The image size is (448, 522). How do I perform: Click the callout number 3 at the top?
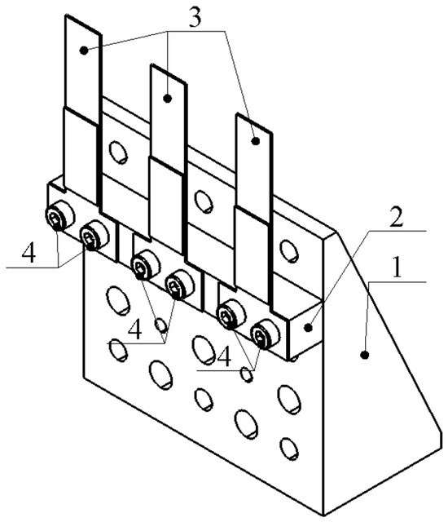pos(195,18)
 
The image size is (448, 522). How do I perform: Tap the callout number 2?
pos(396,218)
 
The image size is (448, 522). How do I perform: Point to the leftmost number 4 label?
pos(29,253)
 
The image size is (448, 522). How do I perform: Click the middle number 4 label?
pos(135,330)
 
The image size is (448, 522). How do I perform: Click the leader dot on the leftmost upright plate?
pos(84,51)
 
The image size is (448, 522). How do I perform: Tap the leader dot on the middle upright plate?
pos(168,98)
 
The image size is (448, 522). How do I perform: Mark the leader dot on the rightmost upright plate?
pos(255,141)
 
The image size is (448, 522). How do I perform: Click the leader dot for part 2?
pos(309,328)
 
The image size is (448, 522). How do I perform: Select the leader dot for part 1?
pos(365,356)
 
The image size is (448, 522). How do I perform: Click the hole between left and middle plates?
pos(117,153)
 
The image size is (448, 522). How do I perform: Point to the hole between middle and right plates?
pos(204,201)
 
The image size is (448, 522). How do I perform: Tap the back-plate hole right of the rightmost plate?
pos(289,251)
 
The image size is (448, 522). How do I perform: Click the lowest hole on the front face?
pos(288,449)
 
